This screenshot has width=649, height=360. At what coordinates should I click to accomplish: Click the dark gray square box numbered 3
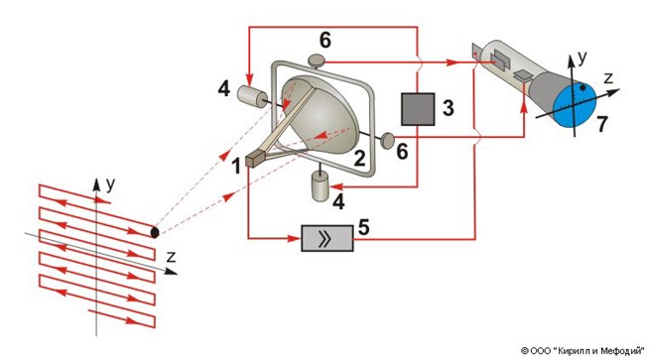pos(418,109)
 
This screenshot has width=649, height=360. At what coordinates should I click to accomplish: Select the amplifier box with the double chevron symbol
pos(327,238)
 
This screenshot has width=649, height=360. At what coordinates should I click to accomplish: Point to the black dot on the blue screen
pos(584,87)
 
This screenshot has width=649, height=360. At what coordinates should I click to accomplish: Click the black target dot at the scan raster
pos(155,232)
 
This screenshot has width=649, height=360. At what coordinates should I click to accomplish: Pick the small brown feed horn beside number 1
pos(254,159)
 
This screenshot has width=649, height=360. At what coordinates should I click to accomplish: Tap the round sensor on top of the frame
pos(317,60)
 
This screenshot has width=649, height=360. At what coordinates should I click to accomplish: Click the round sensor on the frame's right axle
pos(388,141)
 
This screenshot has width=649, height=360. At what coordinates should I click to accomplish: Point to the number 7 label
pos(601,124)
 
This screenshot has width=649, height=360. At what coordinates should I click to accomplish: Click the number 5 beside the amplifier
pos(363,227)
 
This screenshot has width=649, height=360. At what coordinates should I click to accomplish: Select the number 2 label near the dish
pos(359,159)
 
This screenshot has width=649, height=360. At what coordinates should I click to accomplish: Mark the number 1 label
pos(236,167)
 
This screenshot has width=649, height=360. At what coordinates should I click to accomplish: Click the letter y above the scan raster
pos(110,184)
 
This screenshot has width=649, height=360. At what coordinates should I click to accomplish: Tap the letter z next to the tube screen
pos(608,77)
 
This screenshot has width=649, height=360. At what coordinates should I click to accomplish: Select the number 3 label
pos(448,107)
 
